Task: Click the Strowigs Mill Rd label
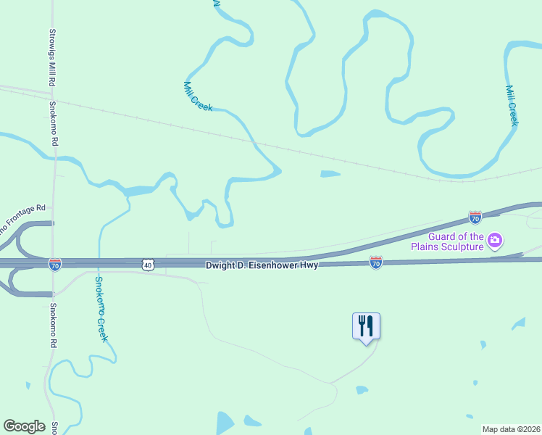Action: click(x=52, y=58)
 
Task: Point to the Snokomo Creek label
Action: click(x=102, y=309)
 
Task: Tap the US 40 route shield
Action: click(x=148, y=265)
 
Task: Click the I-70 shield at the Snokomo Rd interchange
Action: click(x=55, y=265)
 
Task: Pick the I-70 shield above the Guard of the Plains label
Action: click(x=475, y=217)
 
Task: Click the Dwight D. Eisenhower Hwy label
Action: click(x=262, y=266)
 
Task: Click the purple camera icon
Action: click(x=495, y=240)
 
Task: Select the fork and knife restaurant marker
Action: click(x=366, y=326)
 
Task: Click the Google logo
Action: click(x=24, y=426)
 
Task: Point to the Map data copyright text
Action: click(x=511, y=429)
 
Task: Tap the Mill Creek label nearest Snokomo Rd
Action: click(x=198, y=96)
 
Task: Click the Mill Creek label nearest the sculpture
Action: click(x=512, y=106)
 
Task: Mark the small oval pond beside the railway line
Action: click(x=330, y=174)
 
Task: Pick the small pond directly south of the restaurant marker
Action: click(x=362, y=390)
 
